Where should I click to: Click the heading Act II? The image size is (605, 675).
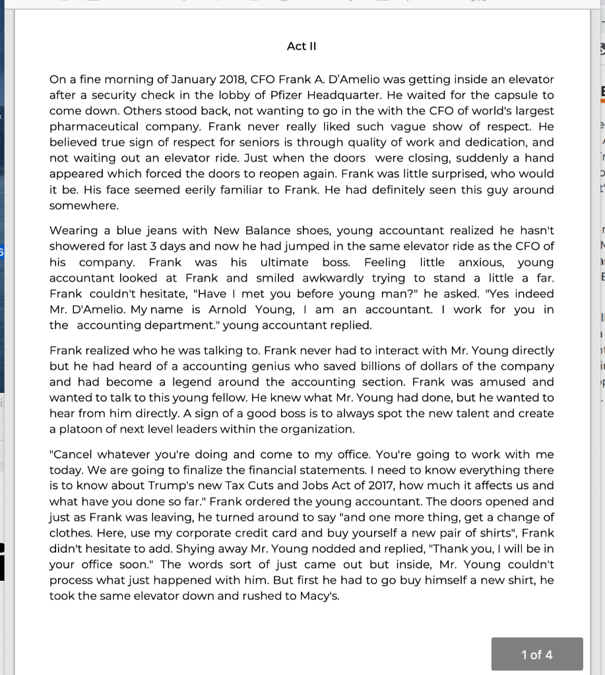[x=302, y=46]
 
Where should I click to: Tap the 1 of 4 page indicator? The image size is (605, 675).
[x=536, y=655]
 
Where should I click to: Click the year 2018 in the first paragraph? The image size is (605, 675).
[x=231, y=80]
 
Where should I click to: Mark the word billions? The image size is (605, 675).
[x=375, y=367]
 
